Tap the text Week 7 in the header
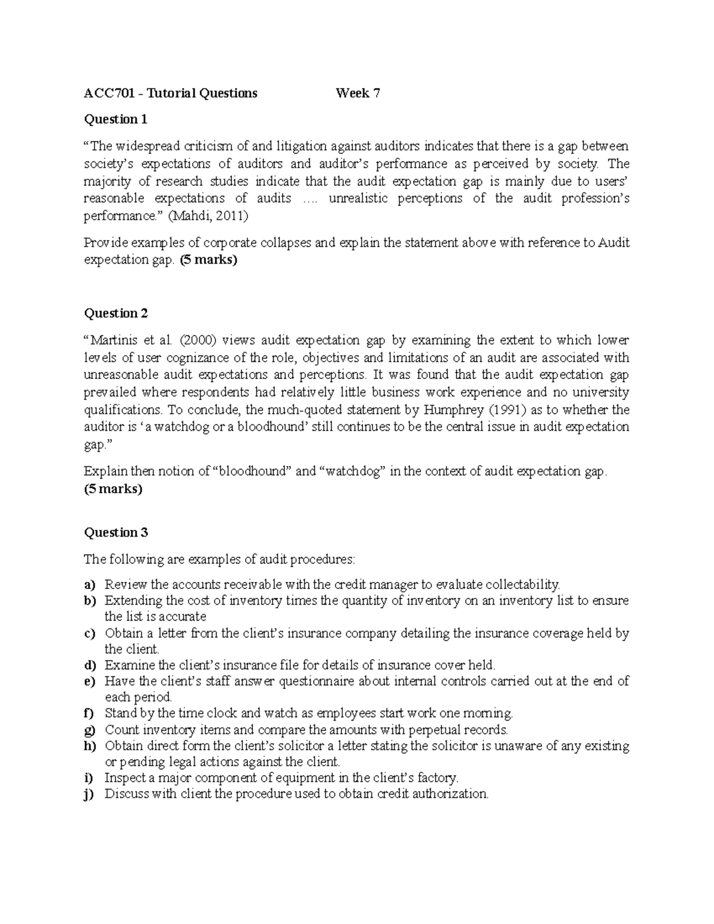(x=358, y=93)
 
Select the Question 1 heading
(x=115, y=120)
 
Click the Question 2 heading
(x=115, y=314)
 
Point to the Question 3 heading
(x=115, y=533)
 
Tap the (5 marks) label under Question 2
(x=113, y=489)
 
